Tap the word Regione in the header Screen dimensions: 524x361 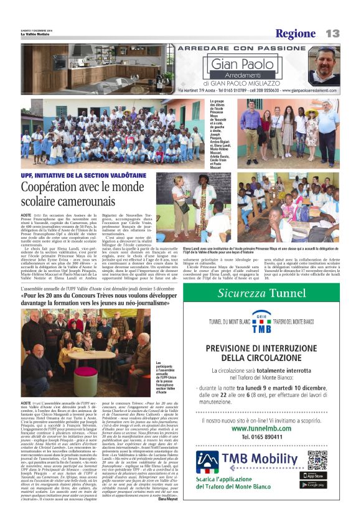296,34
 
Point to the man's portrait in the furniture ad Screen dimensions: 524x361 324,65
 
